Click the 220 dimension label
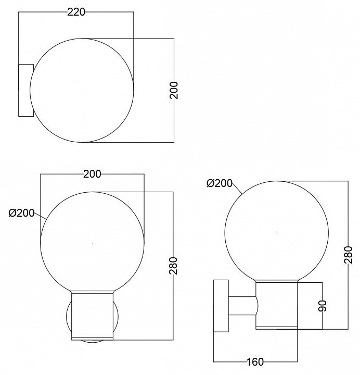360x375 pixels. [x=76, y=12]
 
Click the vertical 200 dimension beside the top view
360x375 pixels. [x=174, y=90]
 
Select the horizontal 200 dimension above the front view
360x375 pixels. [x=92, y=174]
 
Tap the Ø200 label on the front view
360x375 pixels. [x=22, y=213]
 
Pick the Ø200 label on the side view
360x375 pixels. [x=220, y=183]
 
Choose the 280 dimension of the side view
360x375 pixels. [x=348, y=255]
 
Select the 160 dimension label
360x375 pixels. [x=255, y=362]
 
